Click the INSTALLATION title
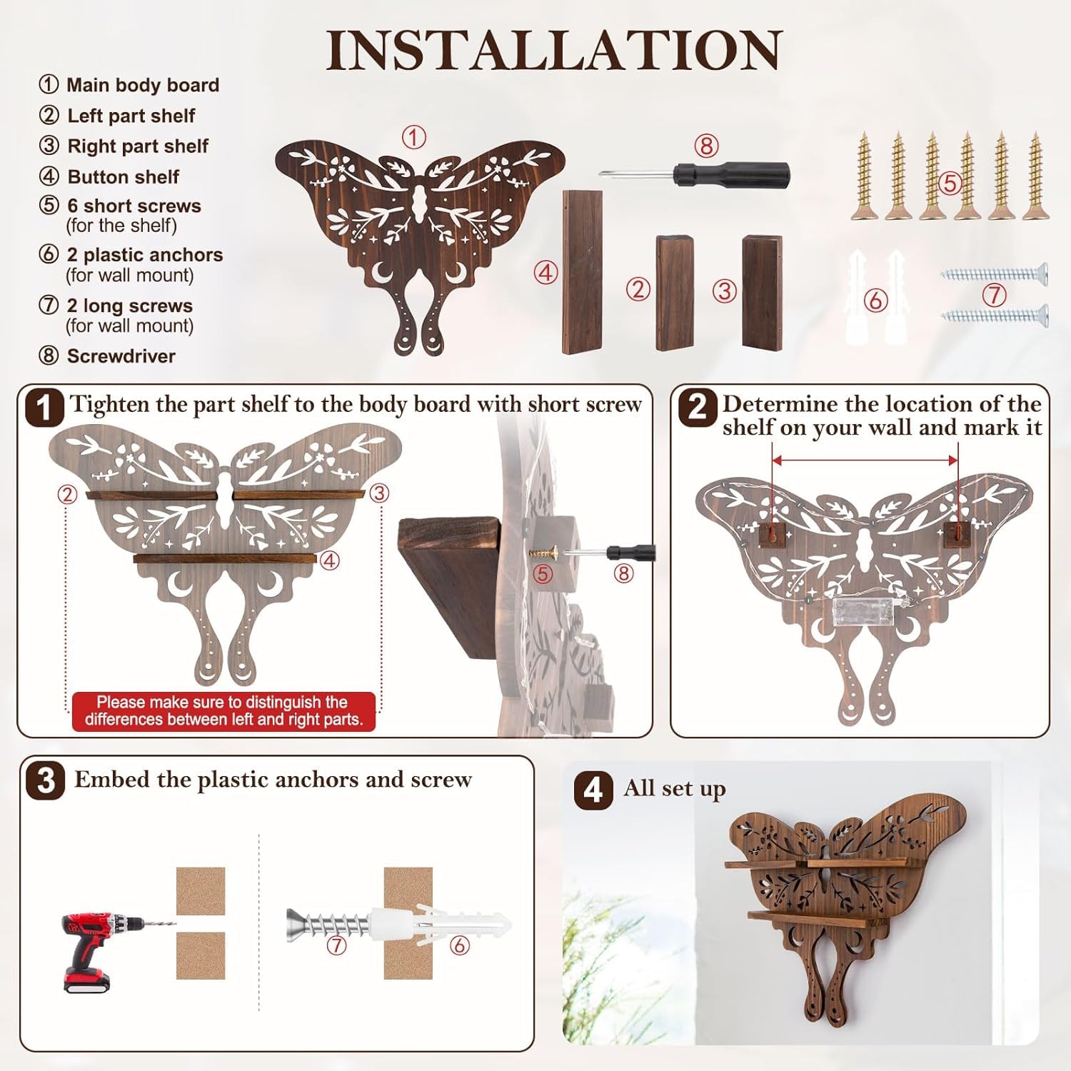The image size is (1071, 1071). [554, 50]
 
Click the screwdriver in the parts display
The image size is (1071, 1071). [695, 173]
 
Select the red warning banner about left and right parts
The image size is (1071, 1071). [223, 711]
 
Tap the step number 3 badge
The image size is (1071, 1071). [46, 780]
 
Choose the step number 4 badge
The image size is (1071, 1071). [593, 791]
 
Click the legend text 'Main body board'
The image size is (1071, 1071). [143, 85]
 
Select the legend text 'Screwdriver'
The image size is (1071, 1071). [121, 356]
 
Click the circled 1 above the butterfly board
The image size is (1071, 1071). [413, 137]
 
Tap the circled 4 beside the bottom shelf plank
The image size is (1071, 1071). [546, 272]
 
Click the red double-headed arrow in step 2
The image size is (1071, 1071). [865, 461]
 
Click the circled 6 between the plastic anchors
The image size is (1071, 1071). [875, 301]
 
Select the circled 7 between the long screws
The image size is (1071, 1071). [994, 294]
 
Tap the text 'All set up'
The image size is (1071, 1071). [675, 790]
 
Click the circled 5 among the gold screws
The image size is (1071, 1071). [949, 183]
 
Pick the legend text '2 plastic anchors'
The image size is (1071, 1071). [145, 255]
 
